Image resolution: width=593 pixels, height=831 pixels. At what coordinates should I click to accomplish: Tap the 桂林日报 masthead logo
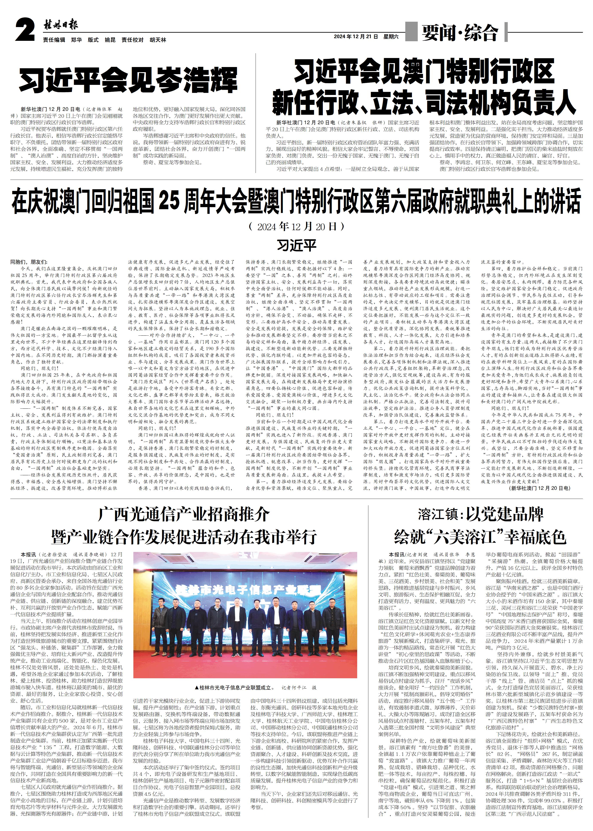point(61,25)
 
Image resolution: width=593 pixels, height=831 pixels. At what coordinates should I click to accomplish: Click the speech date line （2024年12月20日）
point(296,227)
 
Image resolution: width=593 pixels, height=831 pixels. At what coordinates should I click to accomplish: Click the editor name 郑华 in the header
point(76,40)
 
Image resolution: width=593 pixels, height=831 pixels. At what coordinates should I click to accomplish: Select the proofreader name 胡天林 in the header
point(158,40)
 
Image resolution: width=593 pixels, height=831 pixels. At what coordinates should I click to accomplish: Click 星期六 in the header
point(391,37)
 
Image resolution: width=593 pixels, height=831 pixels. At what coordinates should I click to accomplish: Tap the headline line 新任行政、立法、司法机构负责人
point(424,103)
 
